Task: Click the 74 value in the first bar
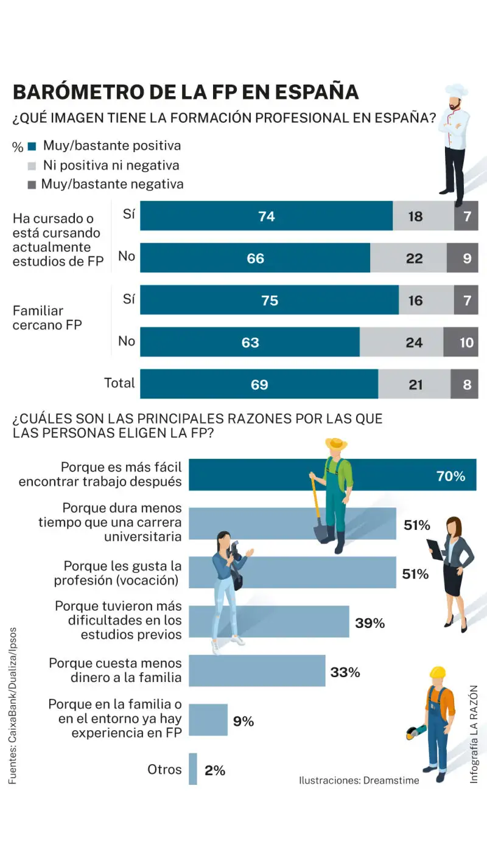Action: tap(267, 216)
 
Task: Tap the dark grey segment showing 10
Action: tap(466, 343)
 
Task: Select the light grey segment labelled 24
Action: tap(414, 343)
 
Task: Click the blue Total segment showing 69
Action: tap(259, 385)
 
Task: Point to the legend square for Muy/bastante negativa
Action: tap(32, 184)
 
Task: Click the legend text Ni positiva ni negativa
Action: tap(111, 165)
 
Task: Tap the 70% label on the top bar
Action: tap(450, 476)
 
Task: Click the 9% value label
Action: tap(243, 722)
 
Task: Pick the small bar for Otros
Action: tap(193, 769)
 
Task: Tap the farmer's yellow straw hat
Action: tap(336, 444)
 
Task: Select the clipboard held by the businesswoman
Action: tap(435, 548)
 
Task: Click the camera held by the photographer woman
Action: tap(233, 550)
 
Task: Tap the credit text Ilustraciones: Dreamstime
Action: tap(359, 780)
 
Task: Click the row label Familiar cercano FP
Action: tap(47, 318)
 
